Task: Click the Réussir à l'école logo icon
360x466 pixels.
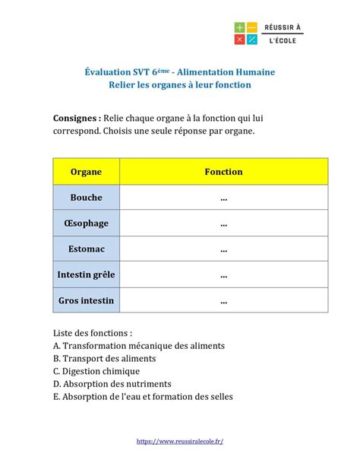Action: coord(245,33)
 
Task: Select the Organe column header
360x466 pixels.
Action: coord(86,172)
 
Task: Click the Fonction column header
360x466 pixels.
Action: coord(223,172)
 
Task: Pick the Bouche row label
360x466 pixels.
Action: coord(86,198)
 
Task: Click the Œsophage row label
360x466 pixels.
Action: coord(86,223)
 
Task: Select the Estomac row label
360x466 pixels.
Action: coord(86,249)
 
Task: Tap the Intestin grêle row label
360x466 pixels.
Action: coord(86,275)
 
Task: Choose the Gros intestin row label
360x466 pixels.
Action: coord(86,300)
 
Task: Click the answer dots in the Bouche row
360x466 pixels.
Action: coord(223,198)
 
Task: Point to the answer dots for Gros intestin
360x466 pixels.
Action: coord(223,301)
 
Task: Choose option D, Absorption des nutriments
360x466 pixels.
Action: coord(112,384)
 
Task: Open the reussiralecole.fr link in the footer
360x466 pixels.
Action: coord(180,441)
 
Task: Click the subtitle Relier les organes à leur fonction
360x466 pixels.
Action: coord(180,85)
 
